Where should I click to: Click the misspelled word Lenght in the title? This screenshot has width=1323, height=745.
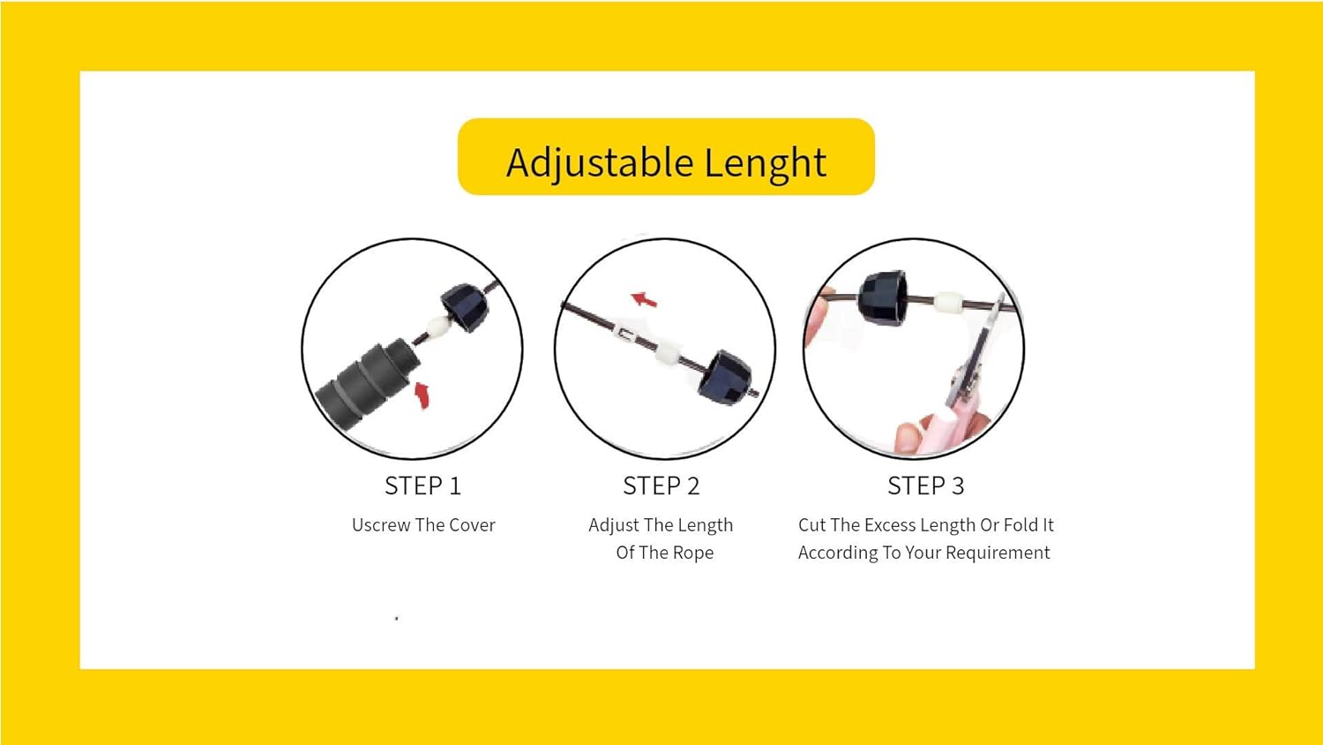pyautogui.click(x=766, y=162)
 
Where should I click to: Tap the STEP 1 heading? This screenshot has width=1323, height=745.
pyautogui.click(x=422, y=486)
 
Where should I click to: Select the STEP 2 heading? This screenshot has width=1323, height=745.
pyautogui.click(x=661, y=486)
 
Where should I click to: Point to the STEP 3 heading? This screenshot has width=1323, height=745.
pyautogui.click(x=925, y=486)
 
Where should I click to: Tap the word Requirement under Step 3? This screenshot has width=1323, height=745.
pyautogui.click(x=998, y=553)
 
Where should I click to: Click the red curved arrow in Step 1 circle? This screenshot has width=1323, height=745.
pyautogui.click(x=422, y=395)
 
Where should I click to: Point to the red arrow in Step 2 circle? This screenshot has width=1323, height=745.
pyautogui.click(x=644, y=299)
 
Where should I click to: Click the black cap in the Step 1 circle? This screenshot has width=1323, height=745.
pyautogui.click(x=466, y=307)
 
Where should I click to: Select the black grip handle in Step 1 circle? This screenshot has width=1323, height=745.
pyautogui.click(x=368, y=383)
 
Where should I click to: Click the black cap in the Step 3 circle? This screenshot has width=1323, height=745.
pyautogui.click(x=882, y=299)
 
